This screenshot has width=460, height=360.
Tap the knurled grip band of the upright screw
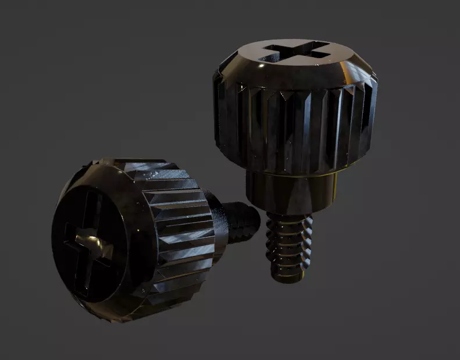pyautogui.click(x=297, y=128)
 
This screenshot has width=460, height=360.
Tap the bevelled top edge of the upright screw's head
pyautogui.click(x=244, y=64)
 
